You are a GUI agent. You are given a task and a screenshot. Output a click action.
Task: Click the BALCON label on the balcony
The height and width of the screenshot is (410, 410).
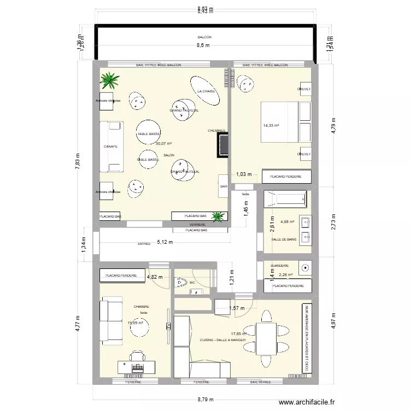point(204,37)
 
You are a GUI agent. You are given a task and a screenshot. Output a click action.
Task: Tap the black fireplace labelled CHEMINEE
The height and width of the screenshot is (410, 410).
point(223,145)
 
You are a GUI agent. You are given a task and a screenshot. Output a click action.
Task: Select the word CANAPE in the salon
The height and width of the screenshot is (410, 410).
point(110,147)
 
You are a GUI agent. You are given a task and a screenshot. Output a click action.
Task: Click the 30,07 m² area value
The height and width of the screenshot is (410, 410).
point(163,144)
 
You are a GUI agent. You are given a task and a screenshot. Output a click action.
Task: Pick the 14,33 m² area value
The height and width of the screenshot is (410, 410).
point(271,126)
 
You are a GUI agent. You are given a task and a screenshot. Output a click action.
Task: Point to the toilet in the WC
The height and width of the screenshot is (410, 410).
point(179,283)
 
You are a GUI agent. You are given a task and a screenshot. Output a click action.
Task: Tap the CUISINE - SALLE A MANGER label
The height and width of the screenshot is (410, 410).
point(223,339)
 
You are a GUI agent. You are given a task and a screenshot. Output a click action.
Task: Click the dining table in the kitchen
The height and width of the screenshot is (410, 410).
point(266,339)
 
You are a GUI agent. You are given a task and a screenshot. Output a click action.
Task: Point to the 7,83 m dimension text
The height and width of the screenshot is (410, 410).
point(77,162)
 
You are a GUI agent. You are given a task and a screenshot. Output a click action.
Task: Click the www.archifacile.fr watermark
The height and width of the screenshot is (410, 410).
point(307,403)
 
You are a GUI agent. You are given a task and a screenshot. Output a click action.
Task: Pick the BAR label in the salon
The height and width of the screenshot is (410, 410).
point(223,186)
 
